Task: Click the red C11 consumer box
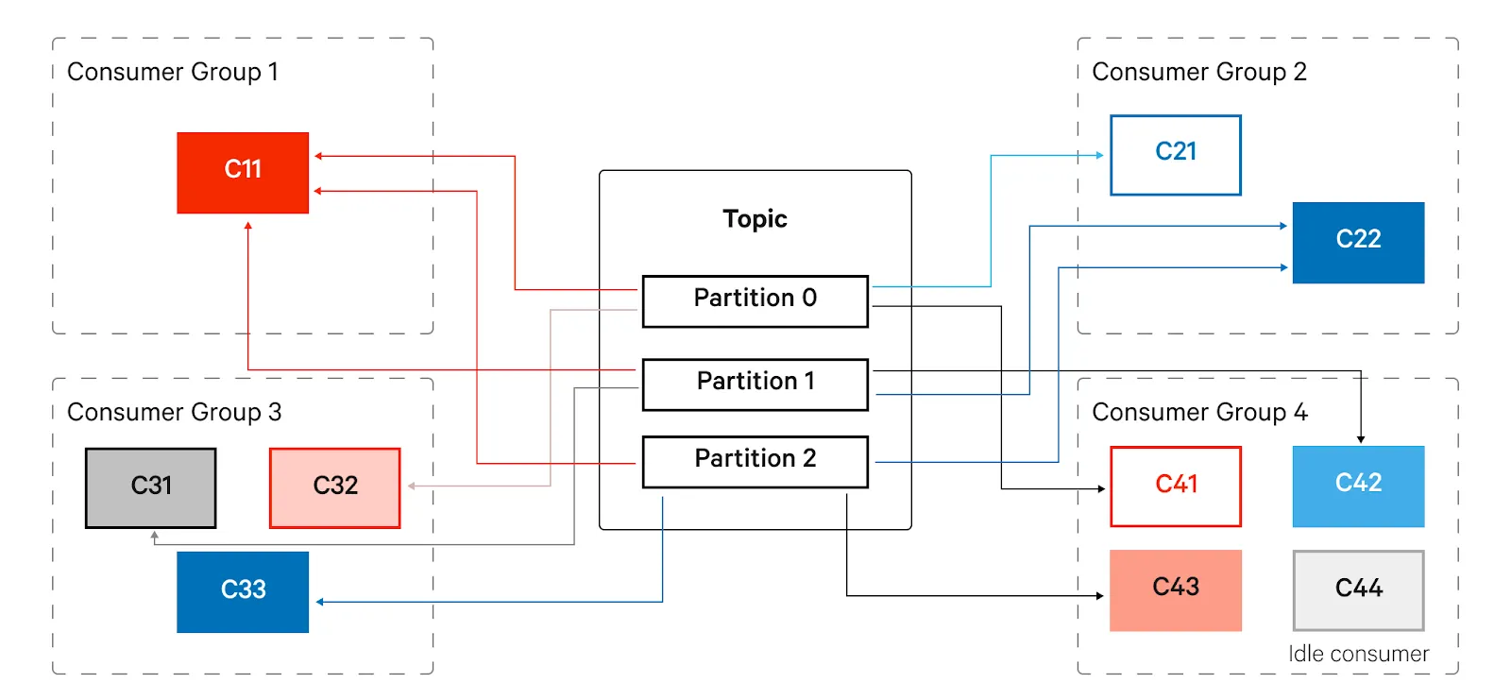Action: click(243, 173)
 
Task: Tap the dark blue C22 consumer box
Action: click(1359, 243)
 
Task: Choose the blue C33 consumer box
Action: click(243, 592)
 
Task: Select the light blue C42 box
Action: click(1359, 487)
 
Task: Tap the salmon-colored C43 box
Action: click(1176, 590)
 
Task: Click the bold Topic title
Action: click(755, 219)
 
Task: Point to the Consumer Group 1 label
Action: click(173, 72)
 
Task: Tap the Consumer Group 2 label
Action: click(1199, 72)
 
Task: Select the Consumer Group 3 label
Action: click(174, 413)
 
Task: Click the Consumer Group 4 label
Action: click(1200, 413)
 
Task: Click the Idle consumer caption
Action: click(1359, 654)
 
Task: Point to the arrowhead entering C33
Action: click(320, 602)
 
